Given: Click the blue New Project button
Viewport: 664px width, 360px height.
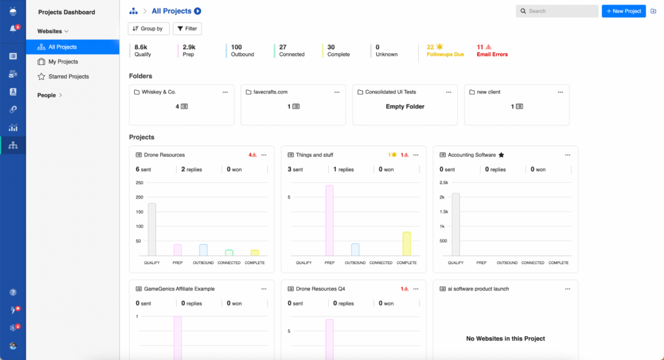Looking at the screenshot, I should (623, 11).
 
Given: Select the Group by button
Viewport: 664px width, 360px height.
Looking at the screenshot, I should (149, 29).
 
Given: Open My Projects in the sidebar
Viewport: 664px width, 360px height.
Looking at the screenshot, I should (63, 62).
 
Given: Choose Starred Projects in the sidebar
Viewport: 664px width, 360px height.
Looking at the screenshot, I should (68, 77).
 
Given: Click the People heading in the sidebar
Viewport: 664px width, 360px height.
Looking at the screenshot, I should (47, 95).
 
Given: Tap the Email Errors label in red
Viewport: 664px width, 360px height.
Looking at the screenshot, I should (492, 54).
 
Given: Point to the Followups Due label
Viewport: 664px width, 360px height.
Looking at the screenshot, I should (445, 54).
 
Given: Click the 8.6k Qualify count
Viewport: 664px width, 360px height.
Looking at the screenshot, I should (141, 47).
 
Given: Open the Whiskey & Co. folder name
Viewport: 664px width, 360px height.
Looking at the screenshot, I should (158, 92).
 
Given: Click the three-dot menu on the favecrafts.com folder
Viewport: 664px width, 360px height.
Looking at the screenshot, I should (337, 92).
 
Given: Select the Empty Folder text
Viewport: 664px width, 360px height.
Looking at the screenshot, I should (405, 106).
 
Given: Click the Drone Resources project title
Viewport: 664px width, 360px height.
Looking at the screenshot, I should (164, 155).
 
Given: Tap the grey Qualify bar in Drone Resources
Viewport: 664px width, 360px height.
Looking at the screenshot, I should (152, 230).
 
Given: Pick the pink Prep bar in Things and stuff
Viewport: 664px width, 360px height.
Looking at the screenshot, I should (329, 221).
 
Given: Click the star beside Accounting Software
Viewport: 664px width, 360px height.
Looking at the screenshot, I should (501, 155).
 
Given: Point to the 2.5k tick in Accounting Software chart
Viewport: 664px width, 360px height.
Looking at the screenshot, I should (444, 182).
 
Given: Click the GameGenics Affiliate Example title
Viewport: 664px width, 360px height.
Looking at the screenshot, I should (180, 289).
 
